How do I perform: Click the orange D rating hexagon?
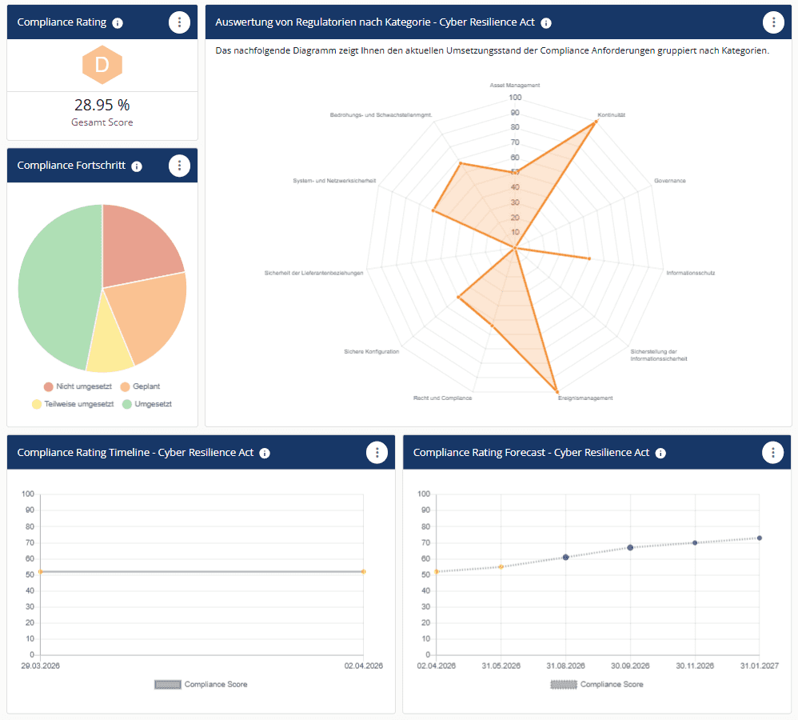coord(102,66)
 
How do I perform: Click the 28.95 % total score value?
coord(102,105)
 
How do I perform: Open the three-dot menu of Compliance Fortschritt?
coord(180,166)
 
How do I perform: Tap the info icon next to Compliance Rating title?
coord(118,22)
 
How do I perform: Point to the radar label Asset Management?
coord(515,85)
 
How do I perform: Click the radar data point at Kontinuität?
coord(596,122)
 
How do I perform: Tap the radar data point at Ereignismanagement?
coord(557,390)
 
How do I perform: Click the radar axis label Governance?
coord(670,181)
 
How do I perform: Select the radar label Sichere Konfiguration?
coord(371,351)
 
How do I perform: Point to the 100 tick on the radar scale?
coord(515,98)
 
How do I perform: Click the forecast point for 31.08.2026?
coord(566,557)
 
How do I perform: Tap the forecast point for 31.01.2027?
coord(760,538)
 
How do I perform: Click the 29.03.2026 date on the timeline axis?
coord(40,666)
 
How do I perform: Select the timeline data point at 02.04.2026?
coord(363,571)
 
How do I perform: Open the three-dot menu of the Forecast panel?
coord(772,452)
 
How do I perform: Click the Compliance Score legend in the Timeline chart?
coord(201,684)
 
